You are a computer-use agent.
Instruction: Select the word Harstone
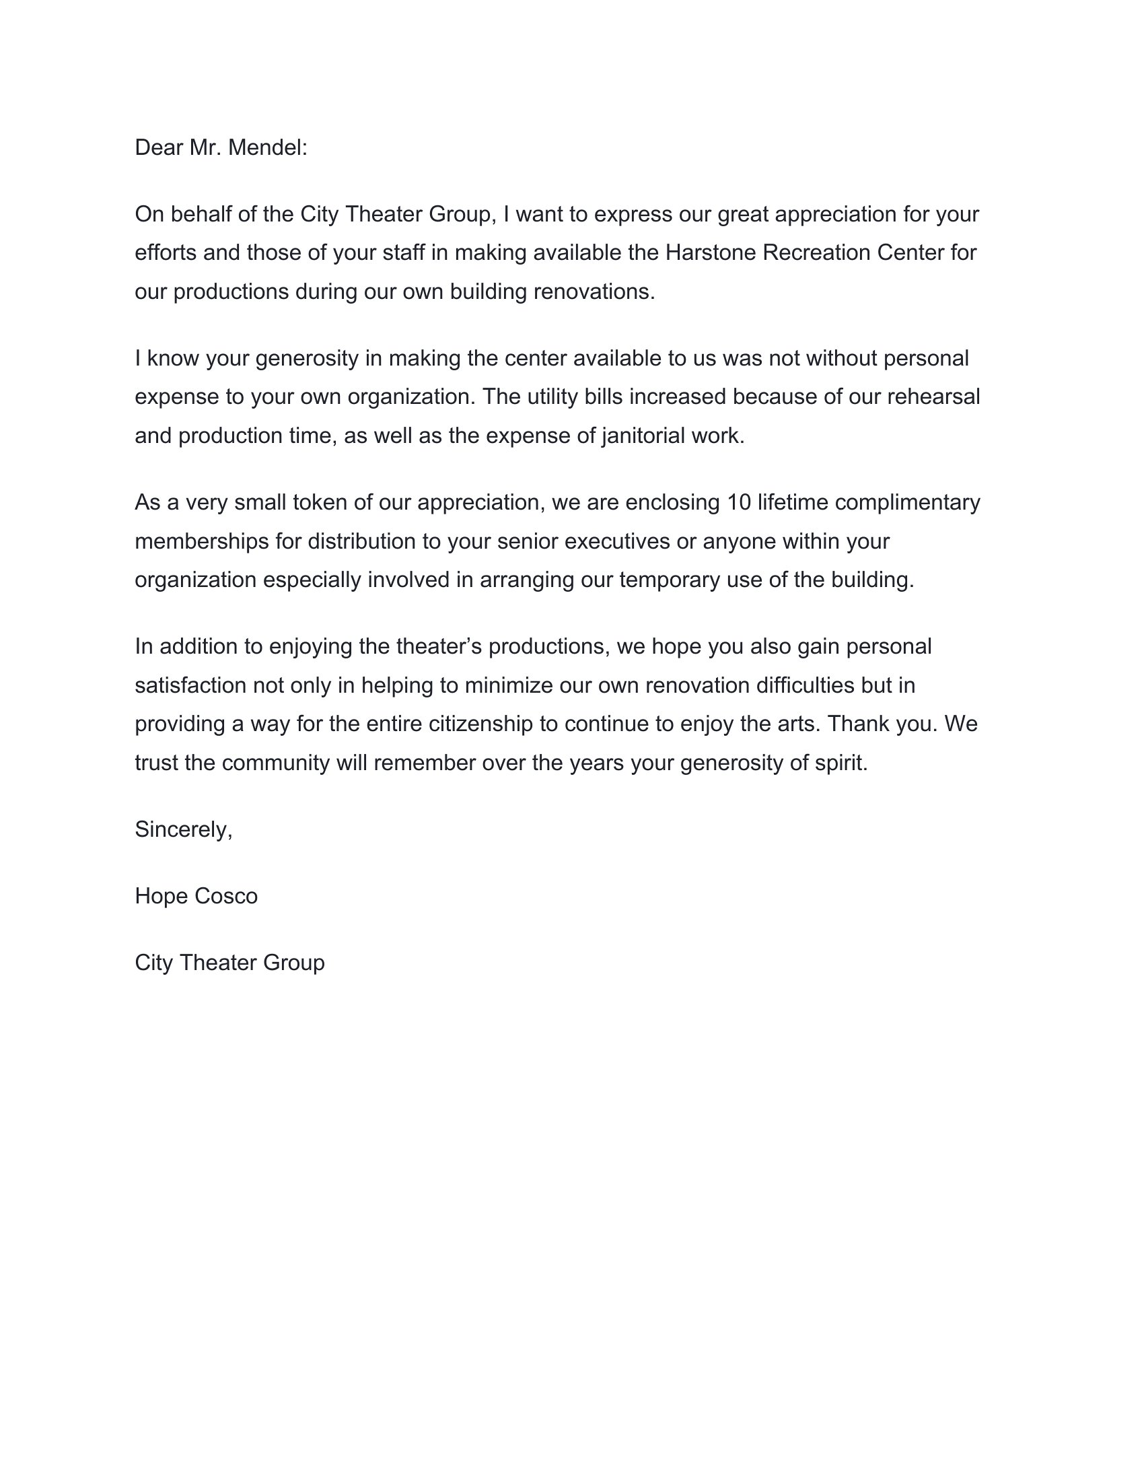click(x=711, y=252)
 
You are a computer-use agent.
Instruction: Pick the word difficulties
click(x=804, y=685)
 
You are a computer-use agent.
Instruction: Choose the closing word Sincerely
click(x=183, y=829)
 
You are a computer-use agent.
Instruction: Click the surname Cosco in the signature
click(x=225, y=897)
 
